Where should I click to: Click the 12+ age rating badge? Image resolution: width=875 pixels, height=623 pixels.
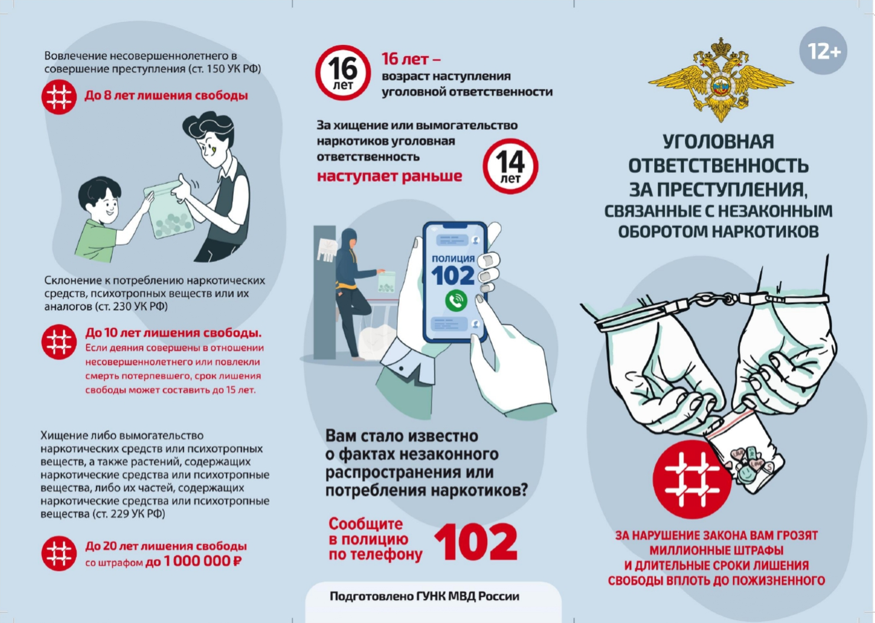[x=823, y=51]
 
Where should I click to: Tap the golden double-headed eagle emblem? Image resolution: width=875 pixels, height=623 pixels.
[x=720, y=80]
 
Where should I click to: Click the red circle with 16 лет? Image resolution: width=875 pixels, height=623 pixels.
[x=343, y=73]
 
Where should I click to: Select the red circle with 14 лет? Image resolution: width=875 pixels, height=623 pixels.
[x=510, y=166]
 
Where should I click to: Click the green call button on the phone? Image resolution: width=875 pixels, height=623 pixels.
[x=456, y=300]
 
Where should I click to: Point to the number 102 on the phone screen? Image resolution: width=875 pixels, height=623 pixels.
[x=453, y=276]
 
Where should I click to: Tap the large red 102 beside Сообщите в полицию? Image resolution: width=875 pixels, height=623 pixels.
[x=476, y=542]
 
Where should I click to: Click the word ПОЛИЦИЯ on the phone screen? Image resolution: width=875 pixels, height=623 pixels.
[x=453, y=258]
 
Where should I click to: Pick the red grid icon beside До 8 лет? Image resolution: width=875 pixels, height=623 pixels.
[x=59, y=97]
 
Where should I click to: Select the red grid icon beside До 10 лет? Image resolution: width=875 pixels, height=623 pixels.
[x=59, y=342]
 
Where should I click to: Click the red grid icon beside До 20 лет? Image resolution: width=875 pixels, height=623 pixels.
[x=59, y=553]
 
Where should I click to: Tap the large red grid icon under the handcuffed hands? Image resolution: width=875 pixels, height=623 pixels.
[x=692, y=480]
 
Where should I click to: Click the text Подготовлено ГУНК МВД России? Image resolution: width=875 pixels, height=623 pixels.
[x=425, y=596]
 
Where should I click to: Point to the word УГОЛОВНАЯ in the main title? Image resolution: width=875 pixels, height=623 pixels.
[x=719, y=142]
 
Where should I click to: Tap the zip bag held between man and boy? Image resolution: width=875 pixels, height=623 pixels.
[x=169, y=209]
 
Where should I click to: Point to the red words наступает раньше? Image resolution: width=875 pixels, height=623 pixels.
[x=390, y=176]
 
